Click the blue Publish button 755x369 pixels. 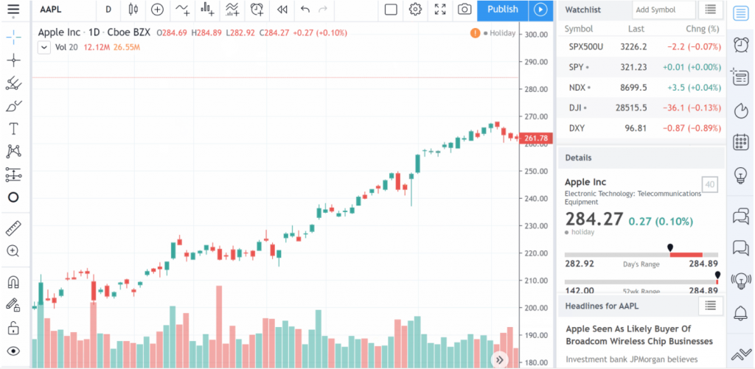click(x=503, y=10)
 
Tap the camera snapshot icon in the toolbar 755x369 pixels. click(x=465, y=10)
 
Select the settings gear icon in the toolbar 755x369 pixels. click(x=416, y=10)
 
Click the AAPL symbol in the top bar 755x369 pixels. click(x=50, y=10)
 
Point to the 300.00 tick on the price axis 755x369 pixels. click(x=537, y=35)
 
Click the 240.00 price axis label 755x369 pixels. click(x=537, y=199)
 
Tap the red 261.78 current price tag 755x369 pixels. click(x=536, y=138)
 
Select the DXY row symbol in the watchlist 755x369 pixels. click(x=577, y=128)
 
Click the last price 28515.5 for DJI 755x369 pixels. click(x=631, y=108)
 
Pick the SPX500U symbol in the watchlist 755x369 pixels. click(x=586, y=47)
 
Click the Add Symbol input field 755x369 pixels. click(x=664, y=10)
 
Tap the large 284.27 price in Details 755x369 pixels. click(x=594, y=219)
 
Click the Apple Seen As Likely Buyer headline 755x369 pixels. click(x=639, y=335)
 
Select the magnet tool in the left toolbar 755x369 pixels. click(x=13, y=282)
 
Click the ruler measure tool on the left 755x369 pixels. click(x=13, y=228)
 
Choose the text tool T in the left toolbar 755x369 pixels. click(x=14, y=128)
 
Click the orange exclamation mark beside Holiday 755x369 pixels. click(x=476, y=33)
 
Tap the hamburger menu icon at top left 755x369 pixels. click(x=13, y=9)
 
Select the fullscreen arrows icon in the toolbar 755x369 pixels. click(x=440, y=10)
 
